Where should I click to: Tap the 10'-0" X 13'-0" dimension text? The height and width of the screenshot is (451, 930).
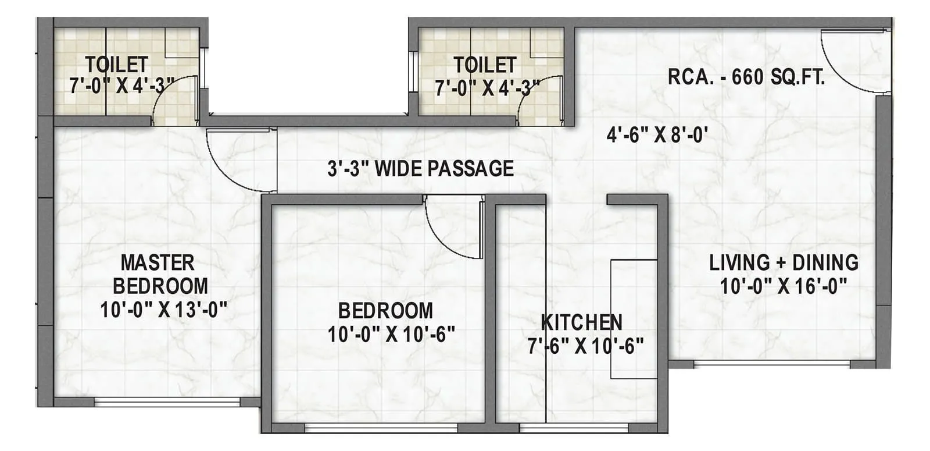[x=163, y=310]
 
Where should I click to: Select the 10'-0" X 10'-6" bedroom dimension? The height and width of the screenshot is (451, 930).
[x=391, y=335]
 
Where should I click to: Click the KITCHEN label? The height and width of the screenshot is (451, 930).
[x=581, y=322]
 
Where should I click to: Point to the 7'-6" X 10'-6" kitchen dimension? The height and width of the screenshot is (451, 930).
[x=585, y=346]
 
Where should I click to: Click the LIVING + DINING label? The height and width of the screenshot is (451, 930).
[x=784, y=262]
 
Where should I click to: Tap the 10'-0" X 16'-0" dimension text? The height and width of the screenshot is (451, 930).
[x=784, y=286]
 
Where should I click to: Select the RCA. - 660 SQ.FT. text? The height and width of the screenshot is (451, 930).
[x=746, y=77]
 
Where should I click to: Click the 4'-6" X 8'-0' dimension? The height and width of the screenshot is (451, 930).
[x=657, y=136]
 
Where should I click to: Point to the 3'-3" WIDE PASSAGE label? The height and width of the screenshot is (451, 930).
[x=420, y=169]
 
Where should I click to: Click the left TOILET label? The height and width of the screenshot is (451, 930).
[x=117, y=63]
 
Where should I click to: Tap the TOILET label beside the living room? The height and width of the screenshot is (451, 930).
[x=485, y=65]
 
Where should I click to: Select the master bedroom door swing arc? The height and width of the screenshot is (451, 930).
[x=235, y=163]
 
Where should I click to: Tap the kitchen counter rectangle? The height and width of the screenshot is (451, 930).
[x=634, y=319]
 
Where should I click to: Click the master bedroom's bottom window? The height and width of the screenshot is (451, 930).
[x=167, y=402]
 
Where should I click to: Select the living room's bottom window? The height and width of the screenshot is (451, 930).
[x=772, y=364]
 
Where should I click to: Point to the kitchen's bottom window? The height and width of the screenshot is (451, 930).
[x=574, y=428]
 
